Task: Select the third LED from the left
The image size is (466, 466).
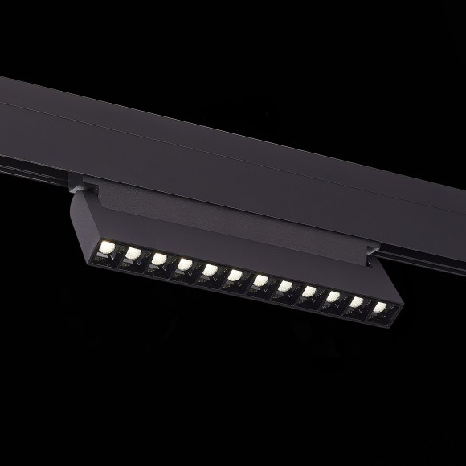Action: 159,259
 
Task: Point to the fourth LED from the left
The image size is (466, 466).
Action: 185,264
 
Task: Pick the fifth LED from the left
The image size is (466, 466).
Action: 211,269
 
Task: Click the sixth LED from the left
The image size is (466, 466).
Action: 235,275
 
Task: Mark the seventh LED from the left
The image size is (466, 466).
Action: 260,280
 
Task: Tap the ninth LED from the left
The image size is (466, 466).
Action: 309,291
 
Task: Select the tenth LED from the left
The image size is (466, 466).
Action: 333,296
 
